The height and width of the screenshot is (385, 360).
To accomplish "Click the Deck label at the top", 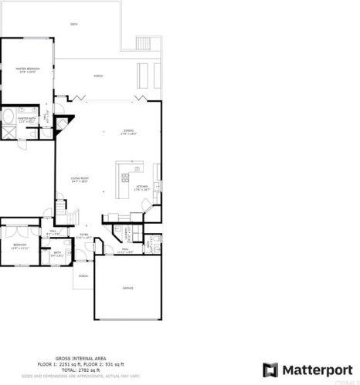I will [74, 25].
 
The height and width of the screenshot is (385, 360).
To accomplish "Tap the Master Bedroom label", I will [27, 69].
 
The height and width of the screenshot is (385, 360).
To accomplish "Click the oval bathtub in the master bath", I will [8, 118].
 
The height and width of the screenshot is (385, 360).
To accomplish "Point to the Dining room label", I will [128, 131].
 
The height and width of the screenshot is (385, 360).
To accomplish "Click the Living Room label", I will [80, 179].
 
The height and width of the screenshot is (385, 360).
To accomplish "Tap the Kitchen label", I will [142, 187].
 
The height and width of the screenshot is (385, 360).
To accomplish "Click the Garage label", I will [127, 288].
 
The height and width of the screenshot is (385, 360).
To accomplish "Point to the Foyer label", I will [83, 235].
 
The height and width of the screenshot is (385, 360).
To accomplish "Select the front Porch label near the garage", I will [83, 275].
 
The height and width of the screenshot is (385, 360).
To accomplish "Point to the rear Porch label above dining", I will [98, 76].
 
